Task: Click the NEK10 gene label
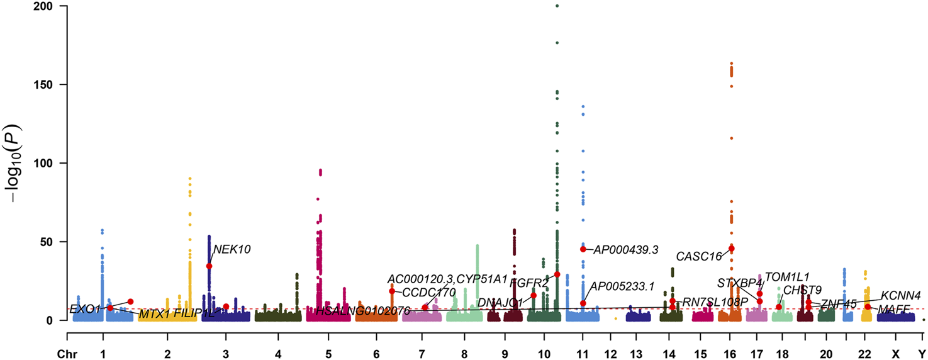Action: point(232,249)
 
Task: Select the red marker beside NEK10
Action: point(209,266)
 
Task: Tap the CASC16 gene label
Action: point(699,257)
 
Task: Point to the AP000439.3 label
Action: point(626,250)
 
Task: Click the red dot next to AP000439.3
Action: point(583,249)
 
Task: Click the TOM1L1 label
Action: point(786,277)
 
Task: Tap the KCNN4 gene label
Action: point(901,295)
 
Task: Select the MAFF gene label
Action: point(894,308)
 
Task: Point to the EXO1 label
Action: point(85,309)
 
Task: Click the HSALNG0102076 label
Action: point(363,311)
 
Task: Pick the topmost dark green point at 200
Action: point(557,6)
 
